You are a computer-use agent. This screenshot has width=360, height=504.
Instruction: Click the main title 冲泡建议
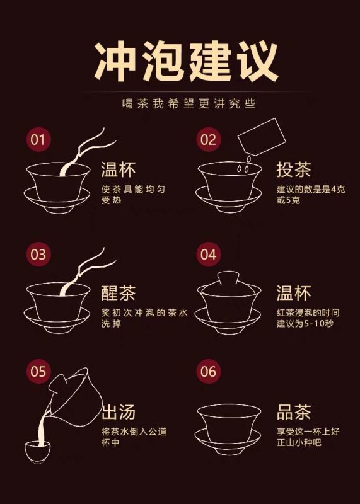(186, 62)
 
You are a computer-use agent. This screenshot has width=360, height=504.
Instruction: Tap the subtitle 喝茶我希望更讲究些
(189, 103)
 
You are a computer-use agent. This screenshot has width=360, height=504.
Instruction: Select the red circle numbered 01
(38, 140)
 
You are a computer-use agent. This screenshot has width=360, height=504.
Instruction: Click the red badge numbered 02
(209, 139)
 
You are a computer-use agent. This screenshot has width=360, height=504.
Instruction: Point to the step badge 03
(38, 255)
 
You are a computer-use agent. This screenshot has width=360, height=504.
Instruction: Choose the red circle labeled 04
(209, 255)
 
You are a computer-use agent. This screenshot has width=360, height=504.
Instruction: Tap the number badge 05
(38, 372)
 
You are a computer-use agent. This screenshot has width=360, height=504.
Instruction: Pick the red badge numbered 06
(209, 372)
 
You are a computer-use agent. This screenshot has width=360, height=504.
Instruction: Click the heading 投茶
(294, 169)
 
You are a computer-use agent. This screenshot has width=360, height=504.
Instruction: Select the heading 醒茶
(118, 293)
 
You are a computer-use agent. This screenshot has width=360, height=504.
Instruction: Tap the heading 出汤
(118, 412)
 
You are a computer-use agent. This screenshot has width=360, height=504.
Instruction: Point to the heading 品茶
(294, 412)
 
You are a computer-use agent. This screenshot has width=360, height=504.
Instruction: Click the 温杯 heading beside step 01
(118, 169)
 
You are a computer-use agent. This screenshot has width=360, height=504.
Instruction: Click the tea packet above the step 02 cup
(262, 137)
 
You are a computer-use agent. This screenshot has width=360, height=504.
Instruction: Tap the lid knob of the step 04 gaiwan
(228, 277)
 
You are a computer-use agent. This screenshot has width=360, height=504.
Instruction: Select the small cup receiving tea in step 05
(38, 452)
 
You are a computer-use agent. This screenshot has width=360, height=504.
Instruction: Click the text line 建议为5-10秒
(305, 323)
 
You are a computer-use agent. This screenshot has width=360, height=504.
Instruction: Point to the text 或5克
(288, 200)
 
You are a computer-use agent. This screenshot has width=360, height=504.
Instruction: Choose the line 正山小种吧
(299, 443)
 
